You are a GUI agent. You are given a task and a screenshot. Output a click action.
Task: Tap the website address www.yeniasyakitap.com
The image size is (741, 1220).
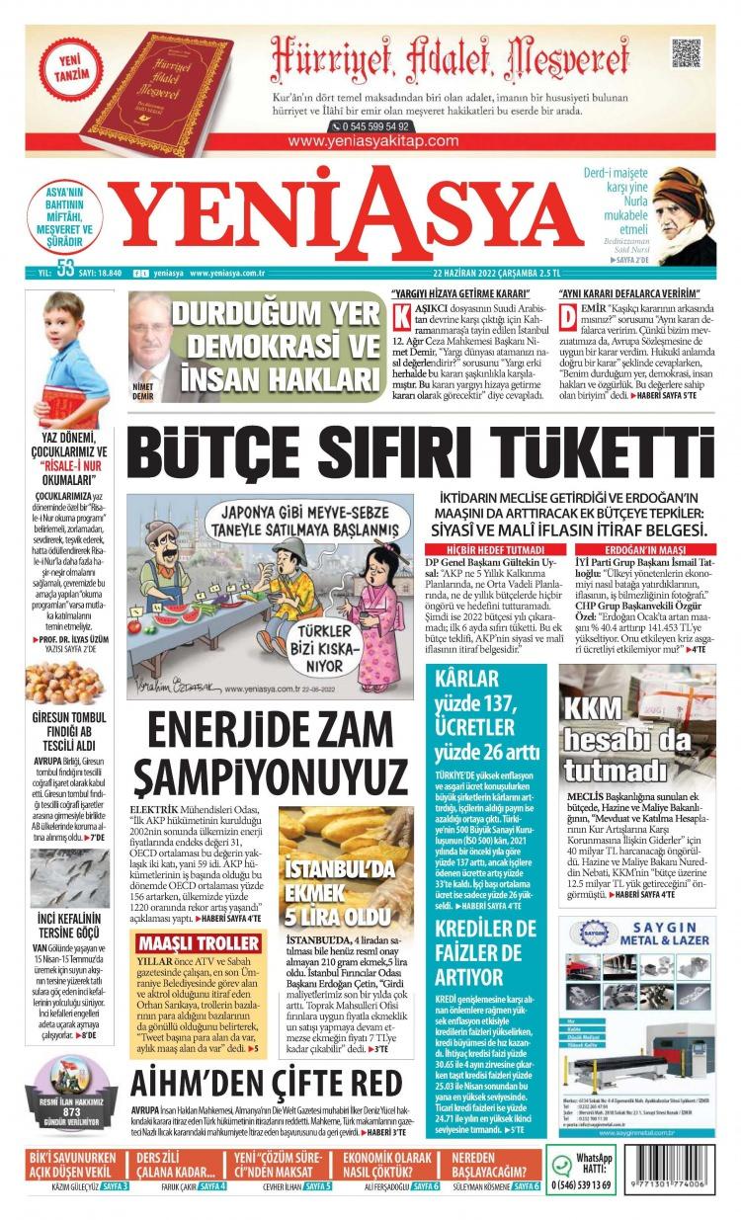click(373, 141)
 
